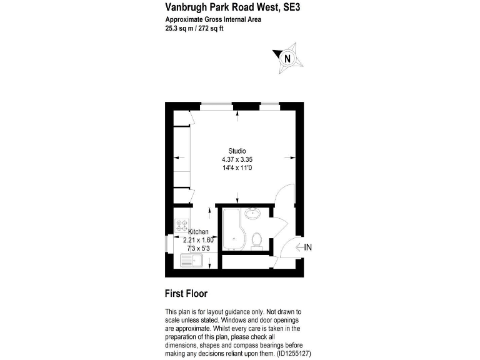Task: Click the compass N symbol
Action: point(287,59)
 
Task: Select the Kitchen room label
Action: point(198,232)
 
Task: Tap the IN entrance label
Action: point(307,247)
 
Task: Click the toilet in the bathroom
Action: point(256,239)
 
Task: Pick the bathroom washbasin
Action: point(254,214)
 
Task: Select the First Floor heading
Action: point(186,293)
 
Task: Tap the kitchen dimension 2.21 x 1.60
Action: point(198,240)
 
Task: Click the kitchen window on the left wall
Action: point(167,242)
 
